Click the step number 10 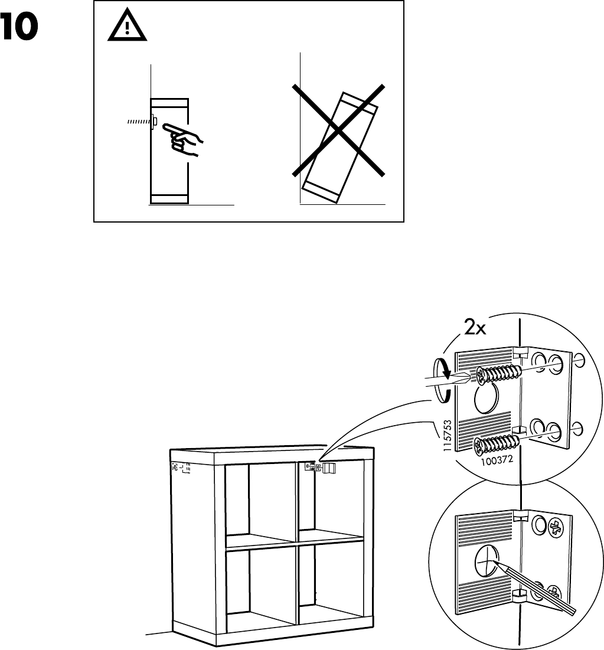19,28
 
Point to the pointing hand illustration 182,139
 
